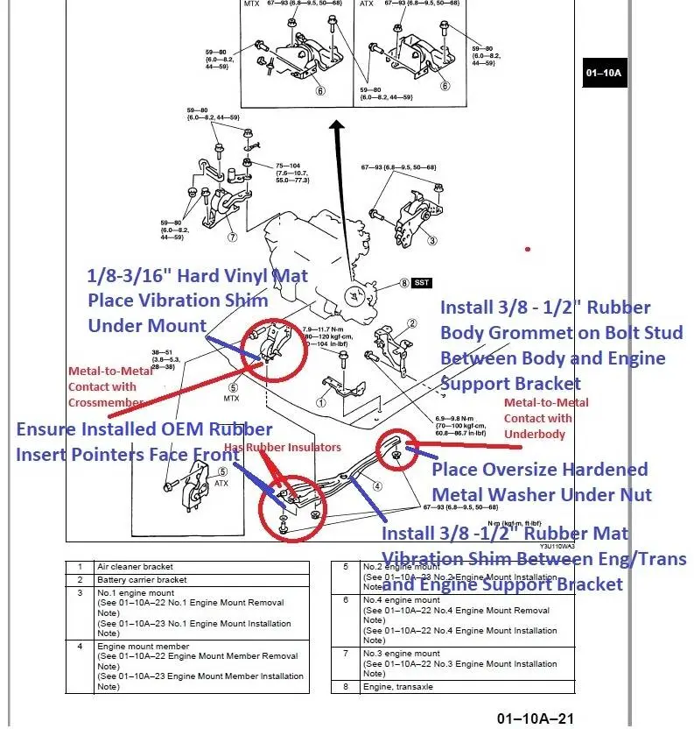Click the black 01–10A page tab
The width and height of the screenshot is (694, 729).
603,72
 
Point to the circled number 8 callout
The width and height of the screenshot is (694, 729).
404,283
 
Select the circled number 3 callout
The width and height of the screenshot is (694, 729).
432,240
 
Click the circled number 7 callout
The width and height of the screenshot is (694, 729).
232,237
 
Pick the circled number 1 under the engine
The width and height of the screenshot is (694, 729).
320,404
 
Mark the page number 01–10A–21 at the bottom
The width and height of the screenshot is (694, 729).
535,719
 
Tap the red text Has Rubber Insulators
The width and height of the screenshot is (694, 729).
282,448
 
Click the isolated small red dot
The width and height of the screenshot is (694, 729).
528,250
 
